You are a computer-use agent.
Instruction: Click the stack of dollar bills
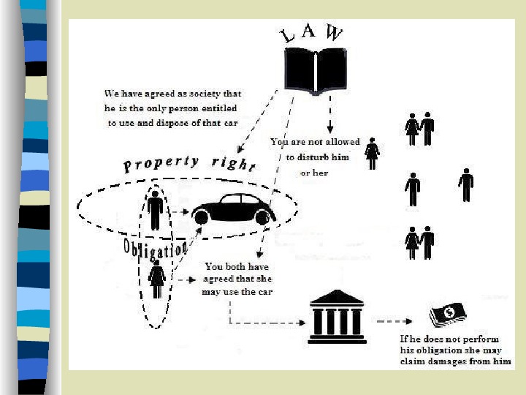447,315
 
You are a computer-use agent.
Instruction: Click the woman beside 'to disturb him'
372,154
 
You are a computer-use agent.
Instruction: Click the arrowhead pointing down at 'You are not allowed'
330,129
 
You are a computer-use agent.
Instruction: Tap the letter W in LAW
334,34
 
